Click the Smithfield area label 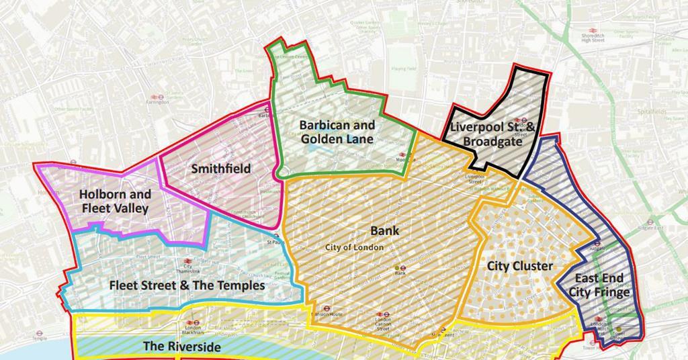pos(221,169)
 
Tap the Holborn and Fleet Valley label pos(115,201)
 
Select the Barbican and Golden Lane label pos(337,132)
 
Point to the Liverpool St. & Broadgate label pos(493,134)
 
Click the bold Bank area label pos(385,230)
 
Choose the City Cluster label pos(520,266)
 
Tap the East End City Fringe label pos(599,285)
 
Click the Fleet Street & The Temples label pos(187,285)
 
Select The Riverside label pos(181,347)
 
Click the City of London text pos(354,247)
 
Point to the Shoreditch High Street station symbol pos(594,31)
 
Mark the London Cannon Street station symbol pos(382,312)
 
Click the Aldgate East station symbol pos(650,222)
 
